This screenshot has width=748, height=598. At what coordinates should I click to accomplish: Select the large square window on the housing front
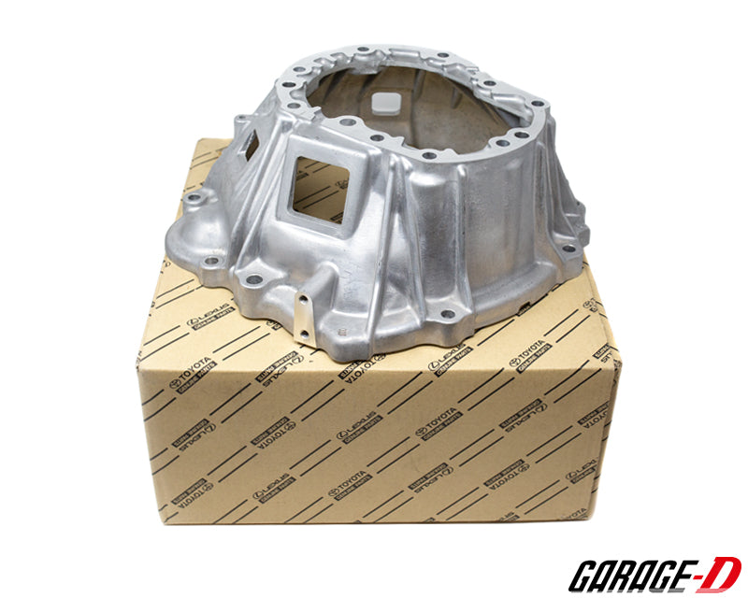click(x=323, y=187)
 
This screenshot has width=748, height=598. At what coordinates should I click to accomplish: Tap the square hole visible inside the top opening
click(x=385, y=102)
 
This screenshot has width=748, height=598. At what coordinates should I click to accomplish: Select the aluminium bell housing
click(x=383, y=196)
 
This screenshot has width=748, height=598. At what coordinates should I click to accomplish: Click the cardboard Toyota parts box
click(x=374, y=430)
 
